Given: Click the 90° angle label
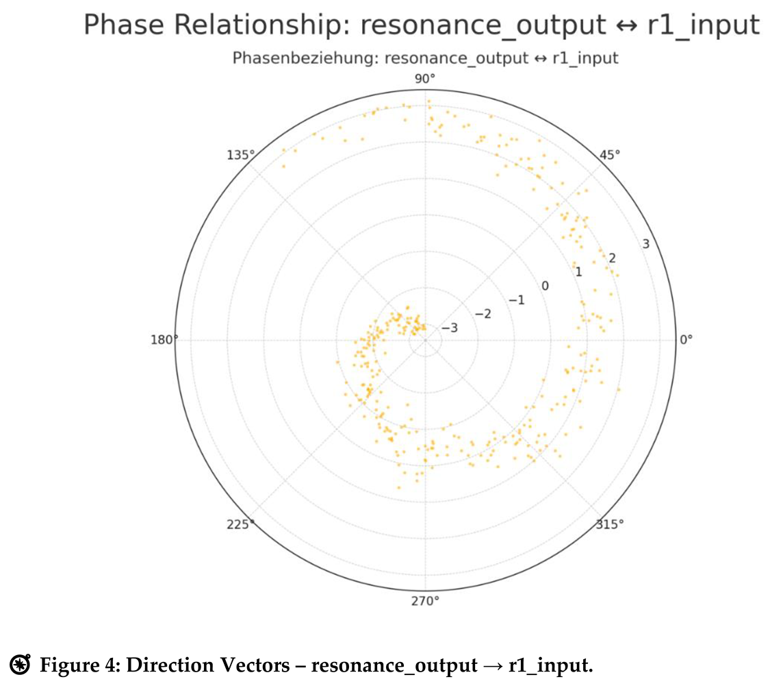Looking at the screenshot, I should pyautogui.click(x=424, y=79).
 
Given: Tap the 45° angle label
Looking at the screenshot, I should pyautogui.click(x=609, y=154).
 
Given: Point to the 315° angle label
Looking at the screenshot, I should pyautogui.click(x=609, y=524).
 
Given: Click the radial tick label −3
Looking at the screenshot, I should pyautogui.click(x=449, y=328).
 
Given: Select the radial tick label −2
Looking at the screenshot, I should pyautogui.click(x=483, y=314).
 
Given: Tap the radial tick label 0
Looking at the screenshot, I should pyautogui.click(x=545, y=285).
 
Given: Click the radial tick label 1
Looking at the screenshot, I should pyautogui.click(x=578, y=272).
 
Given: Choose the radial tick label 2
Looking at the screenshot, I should pyautogui.click(x=612, y=258).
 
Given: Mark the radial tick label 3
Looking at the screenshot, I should pyautogui.click(x=645, y=244).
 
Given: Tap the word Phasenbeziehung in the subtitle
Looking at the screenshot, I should pyautogui.click(x=305, y=58).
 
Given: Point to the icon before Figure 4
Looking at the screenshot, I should pyautogui.click(x=21, y=664).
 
